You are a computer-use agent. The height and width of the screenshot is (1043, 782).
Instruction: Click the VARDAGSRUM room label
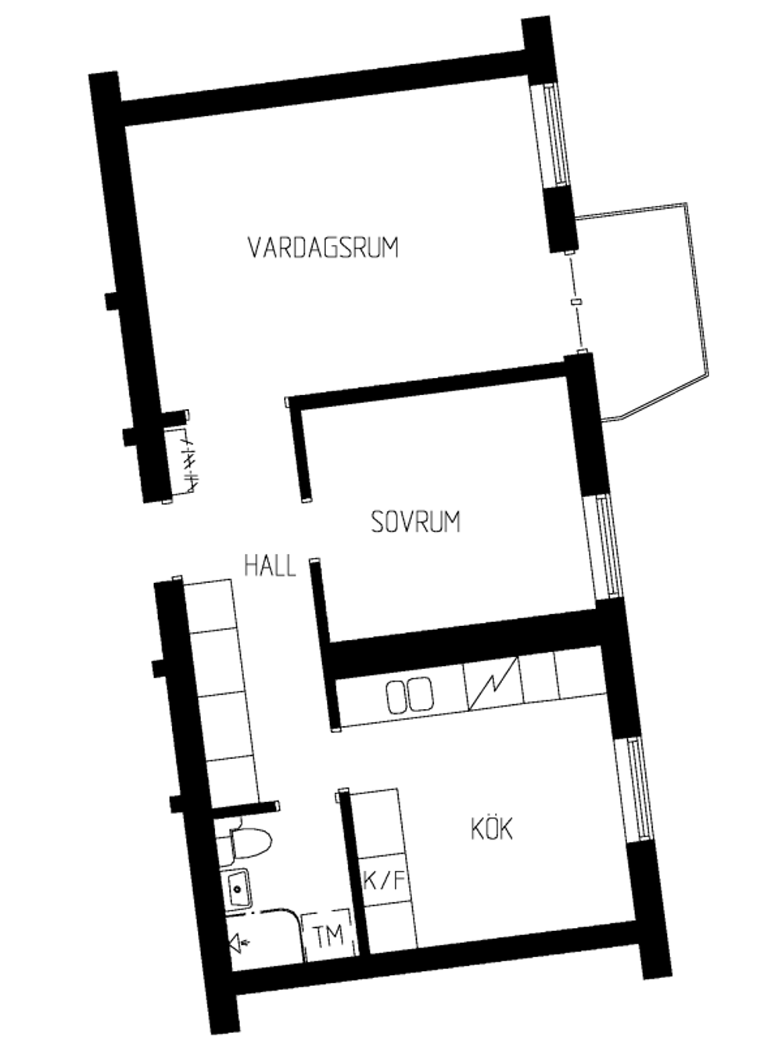coord(323,247)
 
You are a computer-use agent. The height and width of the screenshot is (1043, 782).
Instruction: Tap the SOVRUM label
coord(415,521)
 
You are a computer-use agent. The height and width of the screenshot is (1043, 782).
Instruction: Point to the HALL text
coord(270,566)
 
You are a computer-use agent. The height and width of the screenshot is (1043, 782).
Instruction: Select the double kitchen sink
coord(410,696)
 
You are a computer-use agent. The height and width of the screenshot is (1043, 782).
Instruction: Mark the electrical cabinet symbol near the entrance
coord(183,460)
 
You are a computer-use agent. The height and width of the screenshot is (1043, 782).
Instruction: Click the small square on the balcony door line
coord(577,302)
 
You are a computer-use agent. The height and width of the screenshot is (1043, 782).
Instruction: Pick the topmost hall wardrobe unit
coord(209,606)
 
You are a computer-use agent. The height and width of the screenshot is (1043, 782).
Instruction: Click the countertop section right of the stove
coord(540,677)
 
